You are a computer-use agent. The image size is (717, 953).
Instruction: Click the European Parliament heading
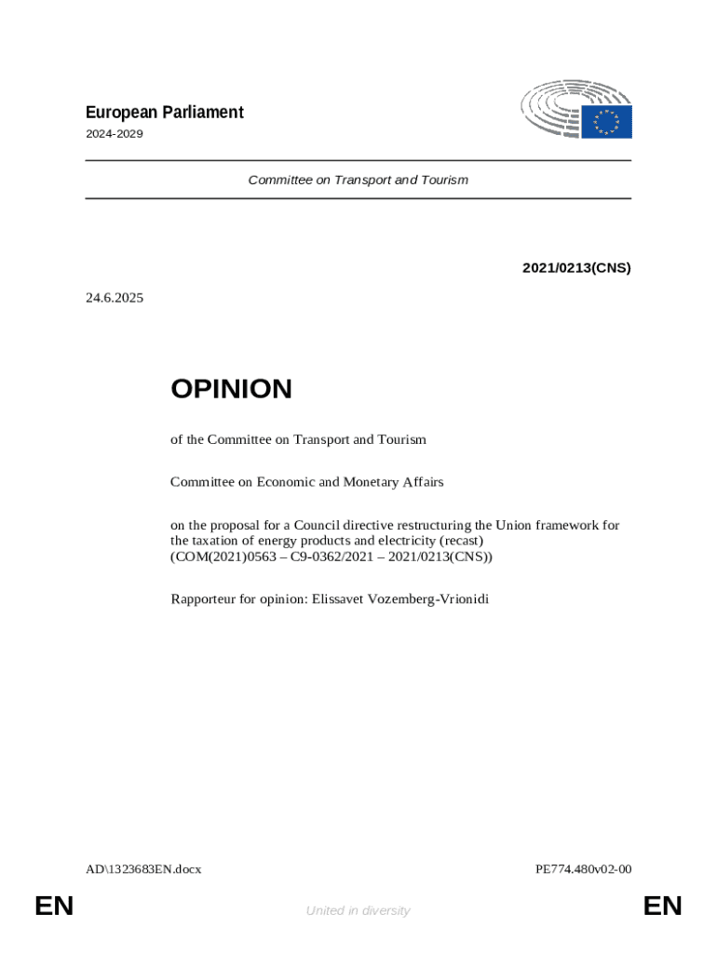tap(165, 113)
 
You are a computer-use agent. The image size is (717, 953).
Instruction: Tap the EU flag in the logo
tap(607, 122)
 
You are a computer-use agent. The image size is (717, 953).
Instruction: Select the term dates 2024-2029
tap(115, 134)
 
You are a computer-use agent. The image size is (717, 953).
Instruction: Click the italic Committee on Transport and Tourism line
tap(358, 180)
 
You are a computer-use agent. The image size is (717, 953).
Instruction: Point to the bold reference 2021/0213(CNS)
tap(576, 268)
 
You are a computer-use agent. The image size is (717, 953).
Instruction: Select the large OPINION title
tap(231, 389)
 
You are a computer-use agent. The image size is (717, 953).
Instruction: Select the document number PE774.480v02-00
tap(584, 869)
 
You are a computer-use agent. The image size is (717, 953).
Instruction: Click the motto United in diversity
tap(358, 911)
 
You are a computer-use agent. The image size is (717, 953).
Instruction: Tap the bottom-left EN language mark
tap(54, 906)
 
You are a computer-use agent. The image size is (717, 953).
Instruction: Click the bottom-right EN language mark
tap(662, 906)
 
